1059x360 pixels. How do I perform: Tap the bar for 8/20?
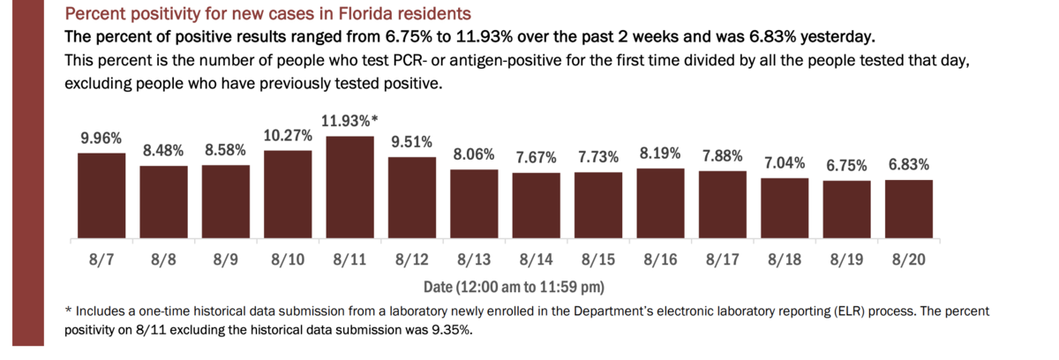908,210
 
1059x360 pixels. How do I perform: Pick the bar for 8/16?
660,204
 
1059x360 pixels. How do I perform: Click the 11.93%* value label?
349,121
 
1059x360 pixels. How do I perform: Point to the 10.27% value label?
288,135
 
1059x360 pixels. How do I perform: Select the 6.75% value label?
846,165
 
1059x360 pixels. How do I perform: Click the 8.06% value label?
474,154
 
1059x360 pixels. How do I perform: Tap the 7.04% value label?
785,163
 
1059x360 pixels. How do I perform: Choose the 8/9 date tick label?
226,262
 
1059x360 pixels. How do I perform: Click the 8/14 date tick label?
536,262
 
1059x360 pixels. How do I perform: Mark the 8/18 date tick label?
785,262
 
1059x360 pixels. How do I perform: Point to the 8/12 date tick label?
412,262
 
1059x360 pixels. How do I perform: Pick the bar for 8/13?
474,206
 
